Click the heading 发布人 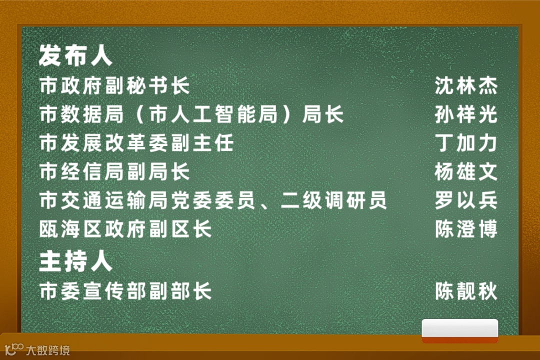point(75,55)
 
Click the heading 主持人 point(75,262)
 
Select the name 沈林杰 point(465,85)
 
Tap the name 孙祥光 point(465,114)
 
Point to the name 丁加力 point(465,143)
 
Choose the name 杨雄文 point(465,172)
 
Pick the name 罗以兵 point(465,200)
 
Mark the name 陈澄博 point(465,229)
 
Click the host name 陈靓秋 point(465,291)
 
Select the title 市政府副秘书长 point(114,85)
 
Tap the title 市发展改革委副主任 point(136,143)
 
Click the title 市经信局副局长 point(114,172)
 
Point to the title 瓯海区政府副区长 point(125,229)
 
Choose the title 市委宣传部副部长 point(125,291)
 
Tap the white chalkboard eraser point(460,330)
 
